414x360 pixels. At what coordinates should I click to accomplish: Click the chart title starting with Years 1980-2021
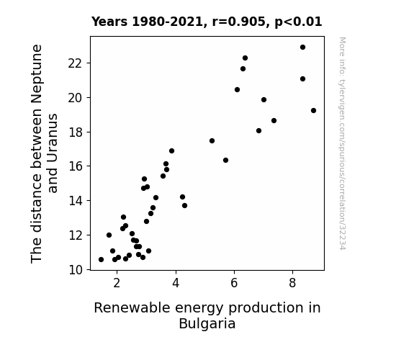pos(207,22)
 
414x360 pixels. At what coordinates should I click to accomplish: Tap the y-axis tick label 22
pos(75,63)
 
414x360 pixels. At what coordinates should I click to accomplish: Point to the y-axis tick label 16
pos(76,166)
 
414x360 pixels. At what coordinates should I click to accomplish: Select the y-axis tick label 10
pos(76,270)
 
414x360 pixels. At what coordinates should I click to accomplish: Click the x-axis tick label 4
pos(176,283)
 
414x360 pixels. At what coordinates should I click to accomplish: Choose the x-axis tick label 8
pos(292,283)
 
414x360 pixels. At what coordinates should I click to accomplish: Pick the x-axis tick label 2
pos(117,283)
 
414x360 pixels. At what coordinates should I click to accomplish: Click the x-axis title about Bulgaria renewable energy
pos(207,315)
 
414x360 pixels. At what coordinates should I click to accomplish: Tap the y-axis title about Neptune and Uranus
pos(44,153)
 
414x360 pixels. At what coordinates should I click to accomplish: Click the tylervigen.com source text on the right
pos(342,143)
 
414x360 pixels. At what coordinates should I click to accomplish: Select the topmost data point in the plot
pos(302,48)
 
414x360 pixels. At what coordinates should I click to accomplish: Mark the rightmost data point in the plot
pos(313,111)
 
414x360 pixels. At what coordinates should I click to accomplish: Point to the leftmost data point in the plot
pos(101,260)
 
